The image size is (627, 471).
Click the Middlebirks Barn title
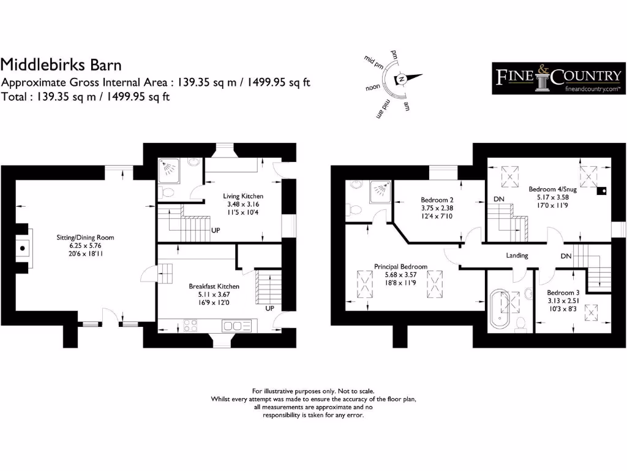point(61,64)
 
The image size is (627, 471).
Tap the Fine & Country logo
point(558,78)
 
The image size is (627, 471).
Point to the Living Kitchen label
point(243,196)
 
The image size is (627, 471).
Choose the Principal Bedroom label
point(400,267)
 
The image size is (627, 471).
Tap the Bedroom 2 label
point(437,200)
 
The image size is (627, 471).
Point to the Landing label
point(517,256)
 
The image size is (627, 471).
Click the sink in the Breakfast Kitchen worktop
point(236,325)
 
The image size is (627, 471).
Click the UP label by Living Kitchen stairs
point(216,231)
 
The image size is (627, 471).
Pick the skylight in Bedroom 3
point(591,315)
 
